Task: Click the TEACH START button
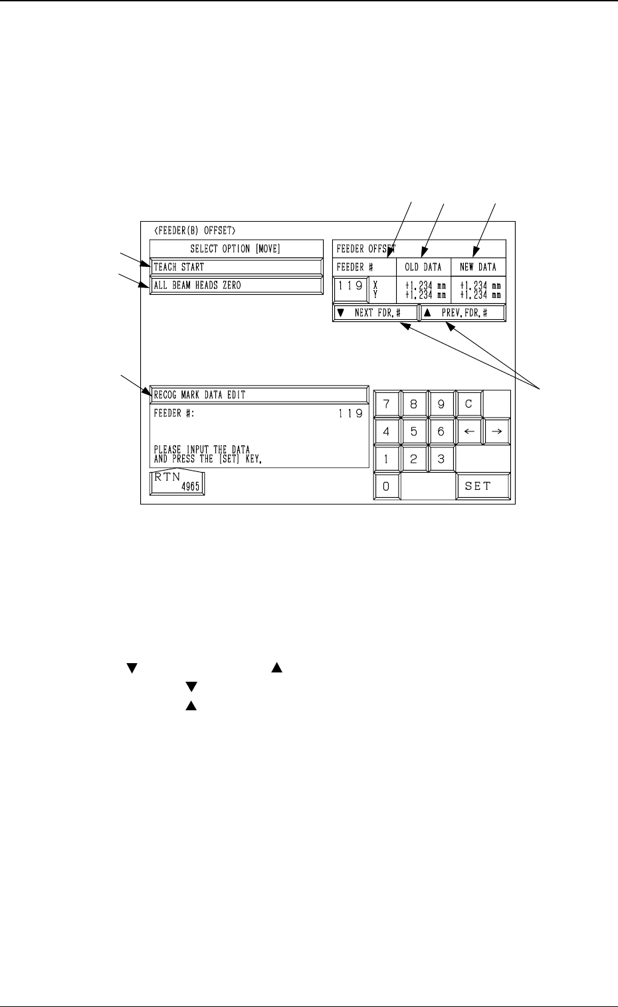236,267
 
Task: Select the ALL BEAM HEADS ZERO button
236,285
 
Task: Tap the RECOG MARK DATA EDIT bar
259,394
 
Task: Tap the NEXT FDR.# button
375,313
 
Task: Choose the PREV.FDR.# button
463,313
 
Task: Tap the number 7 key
386,404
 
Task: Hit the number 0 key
386,486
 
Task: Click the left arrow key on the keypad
468,431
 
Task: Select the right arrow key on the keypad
496,431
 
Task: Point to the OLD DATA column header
423,268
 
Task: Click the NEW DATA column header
478,268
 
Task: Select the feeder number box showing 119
350,286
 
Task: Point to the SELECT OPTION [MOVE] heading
235,249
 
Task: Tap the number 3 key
441,459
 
